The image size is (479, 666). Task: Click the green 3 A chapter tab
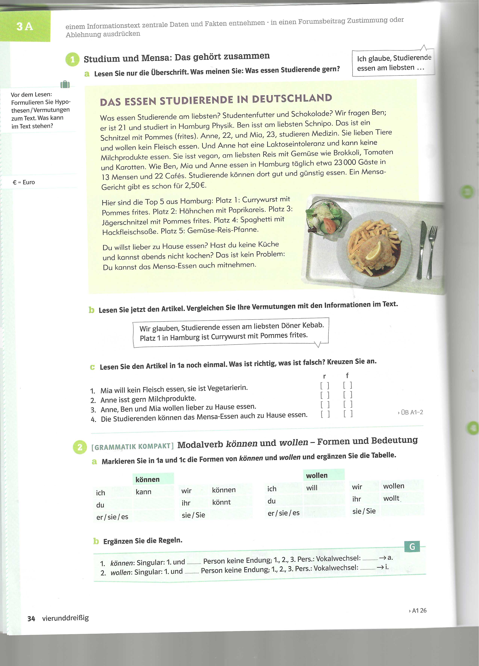point(25,26)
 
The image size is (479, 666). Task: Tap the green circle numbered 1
point(72,60)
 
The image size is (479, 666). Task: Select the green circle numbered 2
point(80,447)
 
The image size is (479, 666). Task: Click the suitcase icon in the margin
point(65,85)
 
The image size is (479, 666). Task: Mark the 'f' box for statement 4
point(348,414)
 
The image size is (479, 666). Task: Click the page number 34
point(31,619)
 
